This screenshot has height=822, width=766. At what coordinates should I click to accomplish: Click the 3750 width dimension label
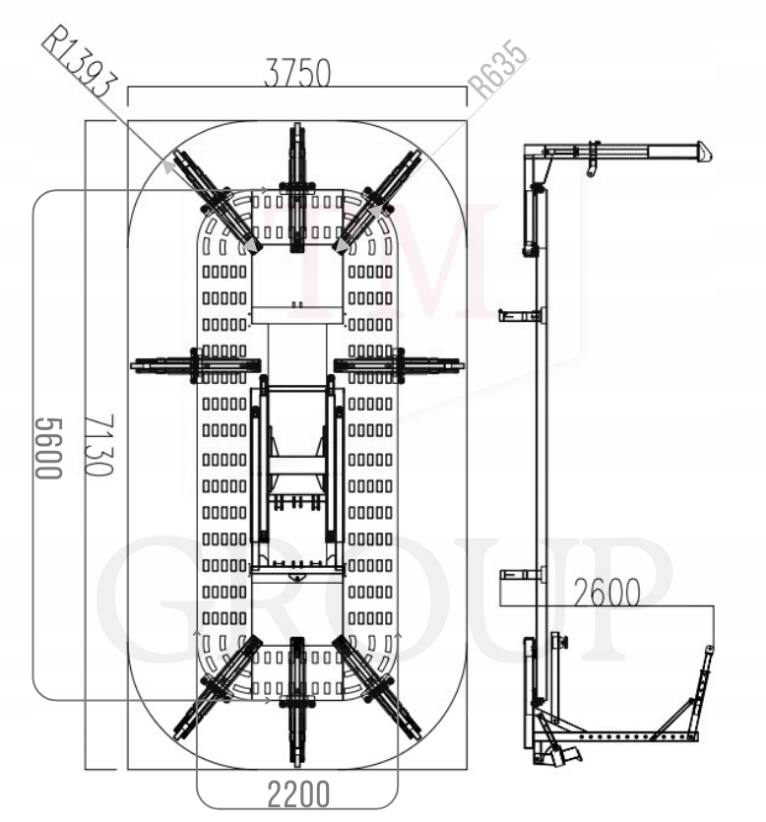pyautogui.click(x=297, y=72)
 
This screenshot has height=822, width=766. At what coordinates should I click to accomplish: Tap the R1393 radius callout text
pyautogui.click(x=80, y=63)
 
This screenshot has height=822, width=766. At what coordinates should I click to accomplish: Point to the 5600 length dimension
pyautogui.click(x=49, y=448)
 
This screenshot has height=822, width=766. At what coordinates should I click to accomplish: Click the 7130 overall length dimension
pyautogui.click(x=99, y=445)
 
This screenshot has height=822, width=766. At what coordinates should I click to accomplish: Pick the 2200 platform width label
pyautogui.click(x=298, y=794)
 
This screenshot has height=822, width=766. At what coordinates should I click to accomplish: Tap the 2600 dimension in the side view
pyautogui.click(x=606, y=593)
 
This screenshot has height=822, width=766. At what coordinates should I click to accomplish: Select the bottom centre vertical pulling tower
pyautogui.click(x=297, y=703)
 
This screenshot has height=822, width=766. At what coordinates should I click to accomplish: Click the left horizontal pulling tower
pyautogui.click(x=196, y=365)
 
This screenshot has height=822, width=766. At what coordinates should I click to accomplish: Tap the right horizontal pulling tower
pyautogui.click(x=399, y=365)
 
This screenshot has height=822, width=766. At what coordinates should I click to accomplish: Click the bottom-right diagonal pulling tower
pyautogui.click(x=377, y=688)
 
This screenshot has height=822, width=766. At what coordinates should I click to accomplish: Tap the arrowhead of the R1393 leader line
pyautogui.click(x=167, y=166)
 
